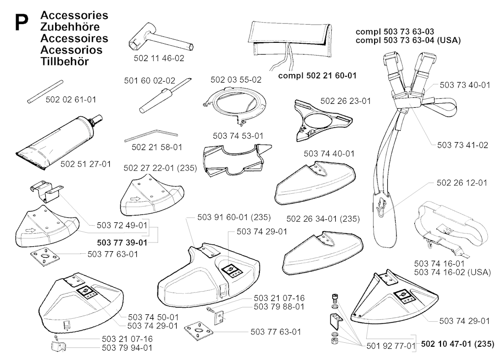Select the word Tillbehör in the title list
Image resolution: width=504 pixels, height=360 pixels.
click(64, 61)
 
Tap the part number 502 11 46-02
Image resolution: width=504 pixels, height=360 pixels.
click(159, 59)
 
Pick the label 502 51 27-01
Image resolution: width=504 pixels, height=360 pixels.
click(86, 164)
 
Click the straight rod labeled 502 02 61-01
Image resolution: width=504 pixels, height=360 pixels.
click(45, 91)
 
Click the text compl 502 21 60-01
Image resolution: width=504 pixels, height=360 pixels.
click(317, 75)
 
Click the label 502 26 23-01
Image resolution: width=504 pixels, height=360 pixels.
click(346, 101)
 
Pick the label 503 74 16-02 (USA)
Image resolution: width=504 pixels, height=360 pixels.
click(453, 272)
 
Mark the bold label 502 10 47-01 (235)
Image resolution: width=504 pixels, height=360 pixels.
click(458, 344)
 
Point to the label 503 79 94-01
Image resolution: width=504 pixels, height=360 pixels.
click(127, 348)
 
